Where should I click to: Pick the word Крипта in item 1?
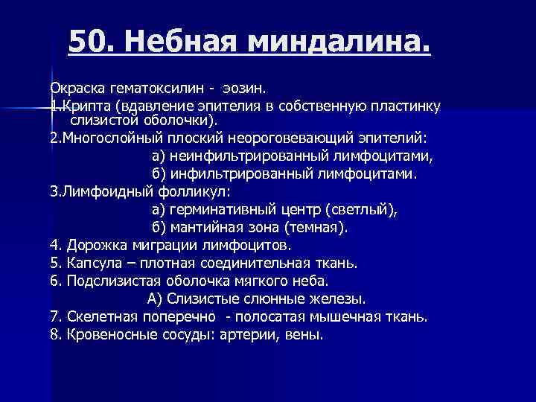[x=82, y=106]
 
